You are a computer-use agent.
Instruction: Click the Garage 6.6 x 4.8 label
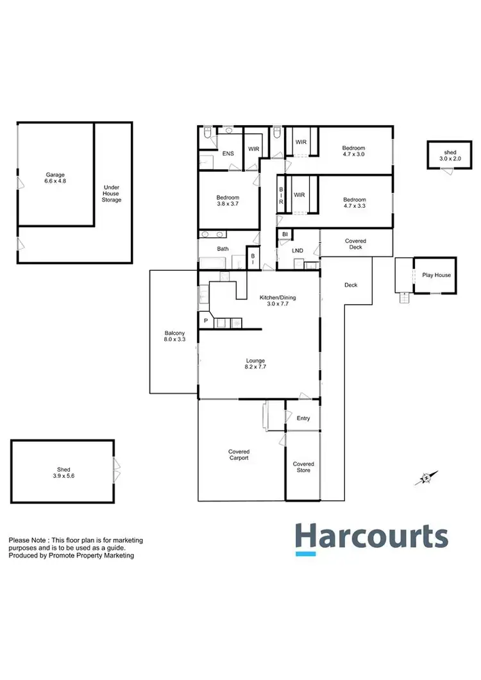click(55, 178)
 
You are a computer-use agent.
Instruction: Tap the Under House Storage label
click(112, 194)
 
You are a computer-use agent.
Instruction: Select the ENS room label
click(228, 153)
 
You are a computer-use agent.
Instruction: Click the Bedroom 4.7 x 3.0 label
click(354, 151)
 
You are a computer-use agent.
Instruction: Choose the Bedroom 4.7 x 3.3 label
click(354, 203)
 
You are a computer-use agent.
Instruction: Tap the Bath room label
click(223, 248)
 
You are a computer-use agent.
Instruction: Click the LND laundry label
click(298, 251)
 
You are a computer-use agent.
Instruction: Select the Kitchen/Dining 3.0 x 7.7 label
click(278, 301)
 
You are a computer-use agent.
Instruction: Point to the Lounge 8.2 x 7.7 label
click(255, 364)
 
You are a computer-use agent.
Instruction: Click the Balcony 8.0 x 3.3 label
click(174, 336)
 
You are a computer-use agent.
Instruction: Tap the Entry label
click(303, 418)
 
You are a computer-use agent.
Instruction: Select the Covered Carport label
click(239, 455)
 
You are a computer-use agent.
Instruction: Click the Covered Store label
click(303, 467)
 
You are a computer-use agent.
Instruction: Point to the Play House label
click(436, 275)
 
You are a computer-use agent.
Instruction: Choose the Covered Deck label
click(355, 244)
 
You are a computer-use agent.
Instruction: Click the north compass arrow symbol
click(425, 478)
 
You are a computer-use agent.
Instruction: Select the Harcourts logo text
click(371, 536)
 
